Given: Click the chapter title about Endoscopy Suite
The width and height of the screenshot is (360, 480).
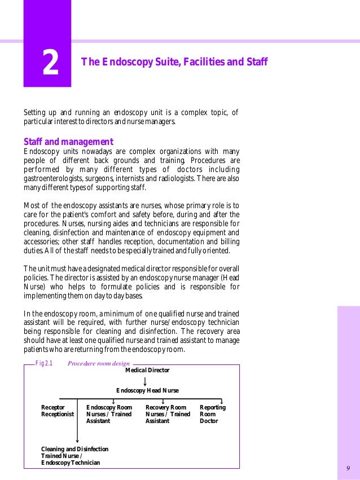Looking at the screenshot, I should point(174,61).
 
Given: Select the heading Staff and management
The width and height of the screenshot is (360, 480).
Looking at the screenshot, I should point(68,142).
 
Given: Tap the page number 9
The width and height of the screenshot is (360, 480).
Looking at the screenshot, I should point(348,469).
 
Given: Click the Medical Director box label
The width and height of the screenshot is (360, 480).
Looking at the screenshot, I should point(147,370).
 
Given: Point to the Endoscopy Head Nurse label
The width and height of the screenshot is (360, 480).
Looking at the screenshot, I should point(147,390).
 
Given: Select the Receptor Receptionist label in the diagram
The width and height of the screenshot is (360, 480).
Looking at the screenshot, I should point(58,411).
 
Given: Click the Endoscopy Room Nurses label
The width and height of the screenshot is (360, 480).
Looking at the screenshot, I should point(109,414).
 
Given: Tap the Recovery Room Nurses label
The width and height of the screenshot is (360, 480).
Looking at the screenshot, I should point(168,414).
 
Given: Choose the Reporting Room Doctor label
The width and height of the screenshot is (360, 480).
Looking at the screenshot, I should point(212,414).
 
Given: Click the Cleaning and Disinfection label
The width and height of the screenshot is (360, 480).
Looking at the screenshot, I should point(74,456).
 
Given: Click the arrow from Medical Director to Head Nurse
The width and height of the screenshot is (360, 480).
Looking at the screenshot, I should point(146,381).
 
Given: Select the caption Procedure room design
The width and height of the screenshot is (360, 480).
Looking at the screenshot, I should point(98,364).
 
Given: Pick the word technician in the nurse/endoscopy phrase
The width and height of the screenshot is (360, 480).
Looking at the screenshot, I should point(221,323).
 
